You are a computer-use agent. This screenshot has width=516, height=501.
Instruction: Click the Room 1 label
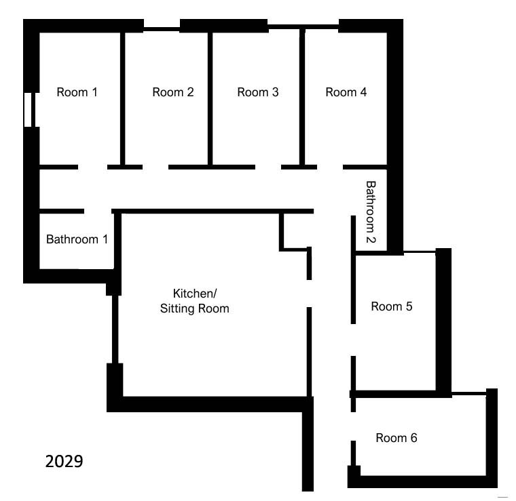tap(77, 92)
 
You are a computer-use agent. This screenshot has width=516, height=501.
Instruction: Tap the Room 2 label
tap(172, 92)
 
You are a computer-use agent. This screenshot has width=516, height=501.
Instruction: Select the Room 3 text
tap(258, 92)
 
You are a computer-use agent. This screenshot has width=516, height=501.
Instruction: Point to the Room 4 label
tap(346, 92)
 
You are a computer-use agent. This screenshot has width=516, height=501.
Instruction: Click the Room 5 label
tap(391, 306)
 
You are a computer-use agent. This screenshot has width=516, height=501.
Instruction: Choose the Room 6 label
tap(397, 438)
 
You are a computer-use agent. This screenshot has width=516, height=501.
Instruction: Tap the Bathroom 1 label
tap(77, 239)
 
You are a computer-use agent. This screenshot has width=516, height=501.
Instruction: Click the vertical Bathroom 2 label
tap(371, 212)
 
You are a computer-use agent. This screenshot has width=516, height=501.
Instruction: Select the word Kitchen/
tap(195, 294)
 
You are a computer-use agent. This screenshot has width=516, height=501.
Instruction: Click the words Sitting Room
tap(194, 309)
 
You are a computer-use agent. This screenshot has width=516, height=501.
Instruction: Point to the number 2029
tap(64, 462)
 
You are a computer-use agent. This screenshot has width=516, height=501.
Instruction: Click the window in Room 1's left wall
tap(28, 110)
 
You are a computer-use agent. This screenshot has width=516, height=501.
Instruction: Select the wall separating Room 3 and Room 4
tap(302, 97)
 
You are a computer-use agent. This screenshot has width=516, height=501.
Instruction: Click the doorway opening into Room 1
tap(92, 167)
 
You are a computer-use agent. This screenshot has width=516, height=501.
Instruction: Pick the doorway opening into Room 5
tap(353, 340)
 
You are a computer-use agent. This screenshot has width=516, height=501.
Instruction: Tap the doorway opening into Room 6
tap(353, 426)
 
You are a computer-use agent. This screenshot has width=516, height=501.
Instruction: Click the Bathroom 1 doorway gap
tap(98, 212)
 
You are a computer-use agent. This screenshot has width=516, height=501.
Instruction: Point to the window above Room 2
tap(162, 29)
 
